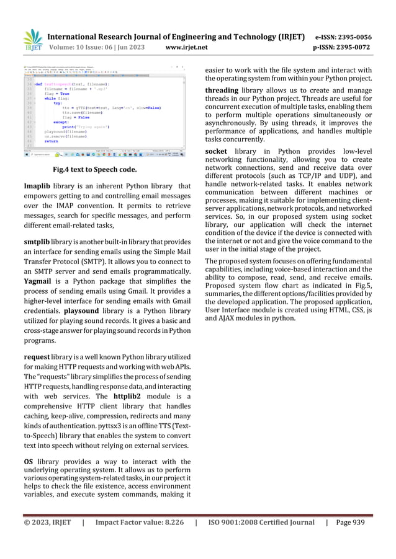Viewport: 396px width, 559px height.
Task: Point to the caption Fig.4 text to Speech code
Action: click(x=91, y=169)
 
